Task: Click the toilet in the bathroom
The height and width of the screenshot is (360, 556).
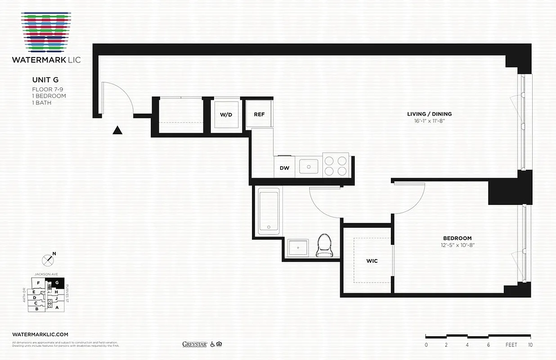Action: click(x=324, y=246)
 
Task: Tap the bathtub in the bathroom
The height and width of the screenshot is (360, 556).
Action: click(x=269, y=211)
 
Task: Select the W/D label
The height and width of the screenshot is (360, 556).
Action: click(x=226, y=115)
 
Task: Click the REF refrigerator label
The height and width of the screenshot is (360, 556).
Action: click(x=259, y=114)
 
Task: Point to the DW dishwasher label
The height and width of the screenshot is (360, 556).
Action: click(x=284, y=168)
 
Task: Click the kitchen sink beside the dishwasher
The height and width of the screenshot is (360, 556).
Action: click(x=309, y=166)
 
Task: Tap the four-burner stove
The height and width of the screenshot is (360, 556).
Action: click(x=336, y=165)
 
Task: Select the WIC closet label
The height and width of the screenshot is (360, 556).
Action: click(x=372, y=261)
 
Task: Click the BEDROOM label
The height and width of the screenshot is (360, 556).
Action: click(x=457, y=238)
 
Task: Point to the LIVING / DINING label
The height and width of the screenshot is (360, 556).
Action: click(x=429, y=114)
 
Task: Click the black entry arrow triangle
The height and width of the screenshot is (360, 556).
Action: click(x=117, y=130)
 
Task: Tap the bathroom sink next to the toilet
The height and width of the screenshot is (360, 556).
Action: click(x=298, y=248)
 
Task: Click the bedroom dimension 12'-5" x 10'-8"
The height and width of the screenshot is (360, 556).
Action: click(x=457, y=245)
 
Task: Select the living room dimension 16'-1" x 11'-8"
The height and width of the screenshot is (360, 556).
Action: click(x=429, y=121)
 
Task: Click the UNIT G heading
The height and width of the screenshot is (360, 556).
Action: click(x=45, y=80)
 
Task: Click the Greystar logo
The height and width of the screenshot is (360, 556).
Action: click(x=194, y=344)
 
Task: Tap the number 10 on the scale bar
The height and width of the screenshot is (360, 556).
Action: click(x=531, y=345)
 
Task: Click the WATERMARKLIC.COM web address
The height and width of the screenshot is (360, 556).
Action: click(x=40, y=334)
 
